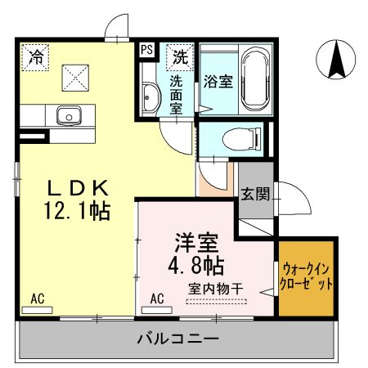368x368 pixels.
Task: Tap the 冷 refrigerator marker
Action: [36, 56]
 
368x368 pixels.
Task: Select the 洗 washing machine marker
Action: [178, 56]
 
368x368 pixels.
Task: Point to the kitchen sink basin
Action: [66, 115]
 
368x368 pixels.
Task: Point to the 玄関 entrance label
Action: [255, 194]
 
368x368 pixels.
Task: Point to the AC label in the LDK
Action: [38, 298]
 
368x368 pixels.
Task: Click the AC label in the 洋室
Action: [157, 298]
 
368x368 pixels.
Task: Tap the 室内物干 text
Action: [218, 287]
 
